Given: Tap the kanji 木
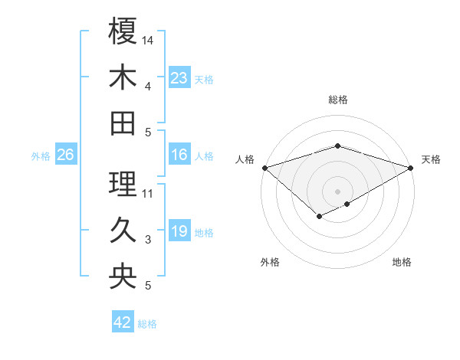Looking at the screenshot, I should pos(123,77).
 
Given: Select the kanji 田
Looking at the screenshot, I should pos(123,123).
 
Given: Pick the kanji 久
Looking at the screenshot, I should pos(123,230).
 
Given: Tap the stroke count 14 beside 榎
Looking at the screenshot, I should pos(149,39).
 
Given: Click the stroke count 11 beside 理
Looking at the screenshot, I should pos(149,193).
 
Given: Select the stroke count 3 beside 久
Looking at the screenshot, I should pos(148,240).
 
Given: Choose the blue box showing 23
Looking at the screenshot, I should pos(179,77).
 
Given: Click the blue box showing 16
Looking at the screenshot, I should pos(179,155).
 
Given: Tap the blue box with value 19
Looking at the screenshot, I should pos(179,231).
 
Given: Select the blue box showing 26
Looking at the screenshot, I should pos(65,155).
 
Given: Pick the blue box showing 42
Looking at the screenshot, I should pos(123,322).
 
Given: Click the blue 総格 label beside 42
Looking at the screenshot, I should pos(147,324).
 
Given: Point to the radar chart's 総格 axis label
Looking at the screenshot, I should pos(337,100).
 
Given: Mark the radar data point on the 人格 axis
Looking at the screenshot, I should pos(264,167).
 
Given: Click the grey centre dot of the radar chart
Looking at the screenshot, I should pos(337,191).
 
